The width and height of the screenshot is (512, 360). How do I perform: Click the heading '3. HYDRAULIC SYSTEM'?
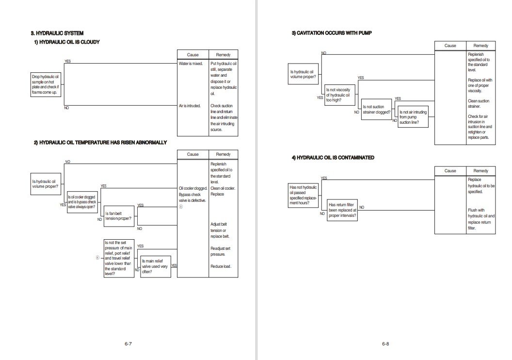[57, 33]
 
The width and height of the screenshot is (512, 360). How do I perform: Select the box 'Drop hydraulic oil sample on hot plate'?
[46, 84]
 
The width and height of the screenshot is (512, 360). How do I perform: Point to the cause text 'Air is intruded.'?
[190, 105]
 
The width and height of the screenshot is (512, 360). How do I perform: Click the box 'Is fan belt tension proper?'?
[119, 216]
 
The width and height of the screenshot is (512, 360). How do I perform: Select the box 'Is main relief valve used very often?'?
[155, 266]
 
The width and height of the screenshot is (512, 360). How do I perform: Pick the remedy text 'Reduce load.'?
[221, 266]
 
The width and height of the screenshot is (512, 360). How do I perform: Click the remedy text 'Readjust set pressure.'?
[220, 251]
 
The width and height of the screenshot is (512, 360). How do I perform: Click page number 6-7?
[128, 344]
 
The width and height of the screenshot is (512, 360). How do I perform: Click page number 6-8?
[385, 344]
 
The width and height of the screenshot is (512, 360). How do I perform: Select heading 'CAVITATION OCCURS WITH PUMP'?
[332, 33]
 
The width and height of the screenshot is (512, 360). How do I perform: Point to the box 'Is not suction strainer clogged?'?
[376, 110]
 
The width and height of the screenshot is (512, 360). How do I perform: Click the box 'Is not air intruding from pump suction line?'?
[413, 117]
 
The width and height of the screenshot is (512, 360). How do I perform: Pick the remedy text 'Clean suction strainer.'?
[479, 103]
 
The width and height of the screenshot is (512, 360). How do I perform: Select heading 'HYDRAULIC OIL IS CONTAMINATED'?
[333, 158]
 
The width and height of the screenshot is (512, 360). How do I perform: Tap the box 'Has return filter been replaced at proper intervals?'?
[342, 211]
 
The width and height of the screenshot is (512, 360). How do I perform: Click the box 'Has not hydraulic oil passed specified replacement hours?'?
[304, 195]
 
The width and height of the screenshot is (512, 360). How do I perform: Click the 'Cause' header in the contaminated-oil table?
[450, 171]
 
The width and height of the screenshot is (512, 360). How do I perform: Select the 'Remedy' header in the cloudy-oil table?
[224, 55]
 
